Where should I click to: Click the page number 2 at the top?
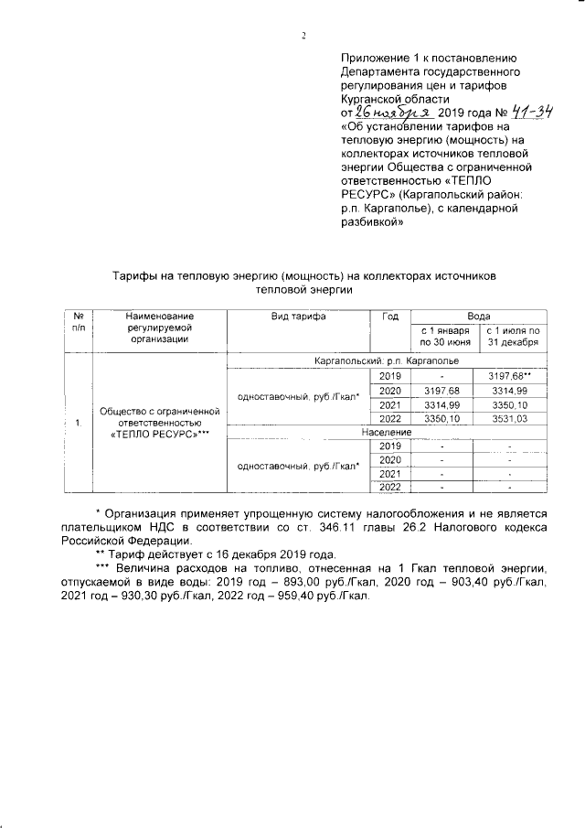pyautogui.click(x=303, y=36)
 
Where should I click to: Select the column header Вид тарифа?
pyautogui.click(x=297, y=315)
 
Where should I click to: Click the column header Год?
pyautogui.click(x=389, y=315)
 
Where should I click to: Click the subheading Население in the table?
pyautogui.click(x=387, y=432)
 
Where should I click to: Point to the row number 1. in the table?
pyautogui.click(x=79, y=423)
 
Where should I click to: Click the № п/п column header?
pyautogui.click(x=79, y=321)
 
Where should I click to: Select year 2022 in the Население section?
pyautogui.click(x=389, y=487)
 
